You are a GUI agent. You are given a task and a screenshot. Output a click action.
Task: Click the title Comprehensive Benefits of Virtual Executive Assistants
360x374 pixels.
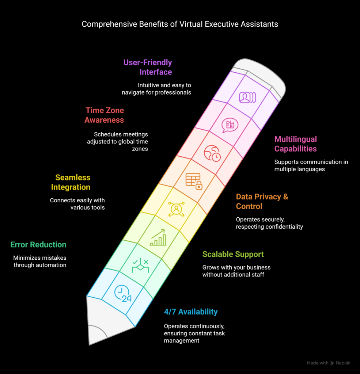pyautogui.click(x=180, y=24)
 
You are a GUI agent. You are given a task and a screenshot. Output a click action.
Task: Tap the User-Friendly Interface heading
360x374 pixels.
pyautogui.click(x=148, y=67)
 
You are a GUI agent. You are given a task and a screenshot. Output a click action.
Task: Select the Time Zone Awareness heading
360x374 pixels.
pyautogui.click(x=104, y=115)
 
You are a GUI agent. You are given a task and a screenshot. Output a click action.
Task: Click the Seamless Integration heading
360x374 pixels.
pyautogui.click(x=71, y=182)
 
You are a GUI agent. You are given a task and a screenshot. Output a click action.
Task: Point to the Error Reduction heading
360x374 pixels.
pyautogui.click(x=38, y=244)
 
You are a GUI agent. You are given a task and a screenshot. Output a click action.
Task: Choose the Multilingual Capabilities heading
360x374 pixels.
pyautogui.click(x=296, y=144)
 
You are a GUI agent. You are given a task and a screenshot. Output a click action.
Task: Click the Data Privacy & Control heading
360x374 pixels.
pyautogui.click(x=262, y=201)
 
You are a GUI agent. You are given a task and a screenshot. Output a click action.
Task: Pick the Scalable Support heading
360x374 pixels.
pyautogui.click(x=233, y=254)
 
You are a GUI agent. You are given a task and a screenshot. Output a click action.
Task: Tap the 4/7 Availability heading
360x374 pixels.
pyautogui.click(x=191, y=312)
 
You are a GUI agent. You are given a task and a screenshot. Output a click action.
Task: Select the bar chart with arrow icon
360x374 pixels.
pyautogui.click(x=158, y=237)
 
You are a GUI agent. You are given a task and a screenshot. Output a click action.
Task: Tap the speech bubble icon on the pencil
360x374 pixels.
pyautogui.click(x=230, y=125)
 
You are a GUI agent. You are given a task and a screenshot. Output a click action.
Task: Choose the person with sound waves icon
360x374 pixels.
pyautogui.click(x=247, y=97)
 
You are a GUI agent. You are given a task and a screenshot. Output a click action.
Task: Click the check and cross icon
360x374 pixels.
pyautogui.click(x=140, y=265)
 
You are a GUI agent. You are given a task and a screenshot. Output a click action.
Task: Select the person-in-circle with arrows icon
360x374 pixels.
pyautogui.click(x=176, y=209)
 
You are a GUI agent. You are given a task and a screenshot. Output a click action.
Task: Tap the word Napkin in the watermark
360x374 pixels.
pyautogui.click(x=343, y=363)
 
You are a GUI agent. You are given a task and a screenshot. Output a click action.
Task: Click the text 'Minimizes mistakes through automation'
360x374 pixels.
pyautogui.click(x=40, y=262)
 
